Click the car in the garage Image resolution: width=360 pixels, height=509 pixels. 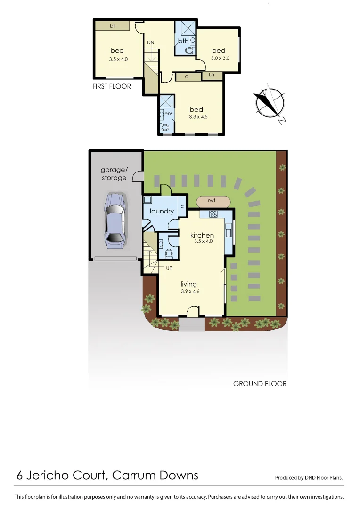click(115, 220)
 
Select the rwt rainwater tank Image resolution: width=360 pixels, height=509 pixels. click(212, 201)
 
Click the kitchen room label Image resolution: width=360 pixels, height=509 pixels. click(202, 235)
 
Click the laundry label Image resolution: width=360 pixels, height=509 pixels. click(162, 211)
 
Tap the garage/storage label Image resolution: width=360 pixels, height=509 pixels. click(114, 174)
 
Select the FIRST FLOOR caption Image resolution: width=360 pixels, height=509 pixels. click(112, 86)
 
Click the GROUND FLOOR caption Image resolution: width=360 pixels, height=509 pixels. click(260, 384)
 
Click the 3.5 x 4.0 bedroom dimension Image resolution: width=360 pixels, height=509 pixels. click(118, 59)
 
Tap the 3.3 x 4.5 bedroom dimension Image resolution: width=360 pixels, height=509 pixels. click(196, 117)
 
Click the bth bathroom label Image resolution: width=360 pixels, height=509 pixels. click(183, 41)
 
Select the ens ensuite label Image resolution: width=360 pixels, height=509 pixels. click(169, 114)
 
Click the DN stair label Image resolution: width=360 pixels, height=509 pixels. click(150, 43)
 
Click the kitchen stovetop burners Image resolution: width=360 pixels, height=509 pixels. click(213, 214)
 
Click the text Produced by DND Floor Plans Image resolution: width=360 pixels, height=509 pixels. click(309, 478)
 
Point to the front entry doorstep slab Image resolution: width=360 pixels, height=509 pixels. click(191, 324)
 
